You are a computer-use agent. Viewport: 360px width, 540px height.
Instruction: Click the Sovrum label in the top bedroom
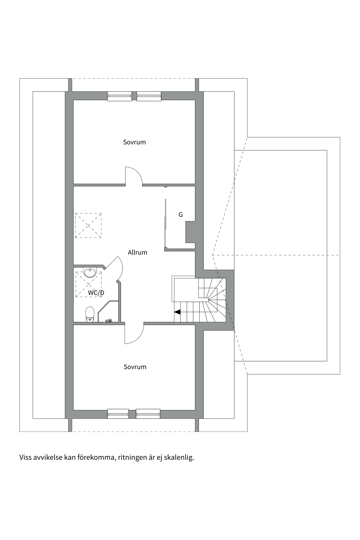click(134, 142)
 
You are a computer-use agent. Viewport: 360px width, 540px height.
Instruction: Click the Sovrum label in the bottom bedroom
click(135, 367)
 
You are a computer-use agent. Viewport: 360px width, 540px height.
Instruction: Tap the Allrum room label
click(138, 252)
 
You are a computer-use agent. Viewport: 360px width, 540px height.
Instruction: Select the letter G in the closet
click(181, 215)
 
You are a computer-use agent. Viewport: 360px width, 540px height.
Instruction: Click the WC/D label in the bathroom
click(96, 293)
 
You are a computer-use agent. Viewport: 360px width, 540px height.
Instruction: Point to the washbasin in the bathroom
click(90, 273)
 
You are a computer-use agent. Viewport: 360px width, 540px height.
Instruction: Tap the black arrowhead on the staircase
click(177, 312)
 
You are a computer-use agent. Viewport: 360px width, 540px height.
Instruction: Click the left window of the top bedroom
click(120, 96)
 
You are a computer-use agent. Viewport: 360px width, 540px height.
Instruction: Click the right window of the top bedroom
click(149, 96)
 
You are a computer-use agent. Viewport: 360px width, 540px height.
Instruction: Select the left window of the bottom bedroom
click(118, 414)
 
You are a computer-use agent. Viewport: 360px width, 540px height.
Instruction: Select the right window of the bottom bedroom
click(148, 414)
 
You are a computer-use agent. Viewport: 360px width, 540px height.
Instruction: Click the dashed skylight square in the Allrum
click(88, 226)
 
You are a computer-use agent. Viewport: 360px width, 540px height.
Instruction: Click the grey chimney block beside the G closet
click(190, 232)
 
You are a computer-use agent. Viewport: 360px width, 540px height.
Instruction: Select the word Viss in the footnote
click(25, 457)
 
